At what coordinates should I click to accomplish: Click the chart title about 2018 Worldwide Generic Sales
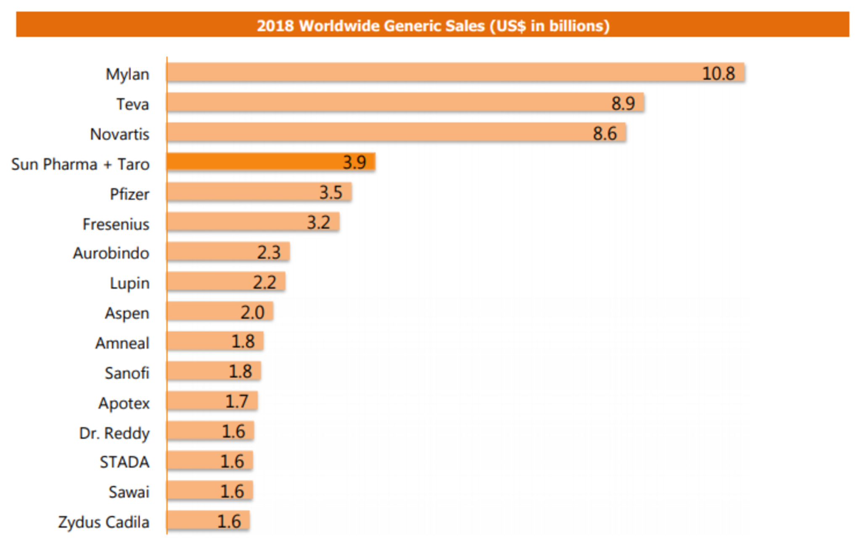coord(433,26)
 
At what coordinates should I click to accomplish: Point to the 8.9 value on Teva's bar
coord(623,103)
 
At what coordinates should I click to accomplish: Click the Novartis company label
coord(120,134)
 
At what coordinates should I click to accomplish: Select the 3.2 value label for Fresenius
coord(318,222)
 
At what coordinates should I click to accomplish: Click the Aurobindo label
coord(111,253)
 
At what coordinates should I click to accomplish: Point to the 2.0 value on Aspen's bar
coord(252,312)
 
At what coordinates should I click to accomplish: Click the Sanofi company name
coord(127,373)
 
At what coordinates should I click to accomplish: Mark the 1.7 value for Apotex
coord(237,401)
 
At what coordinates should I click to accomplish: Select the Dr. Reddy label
coord(114,433)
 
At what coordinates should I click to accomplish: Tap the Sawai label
coord(129,492)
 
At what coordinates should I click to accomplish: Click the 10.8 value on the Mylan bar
coord(718,73)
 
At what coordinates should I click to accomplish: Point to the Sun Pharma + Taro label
coord(80,164)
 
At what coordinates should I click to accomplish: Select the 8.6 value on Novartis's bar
coord(605,134)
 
